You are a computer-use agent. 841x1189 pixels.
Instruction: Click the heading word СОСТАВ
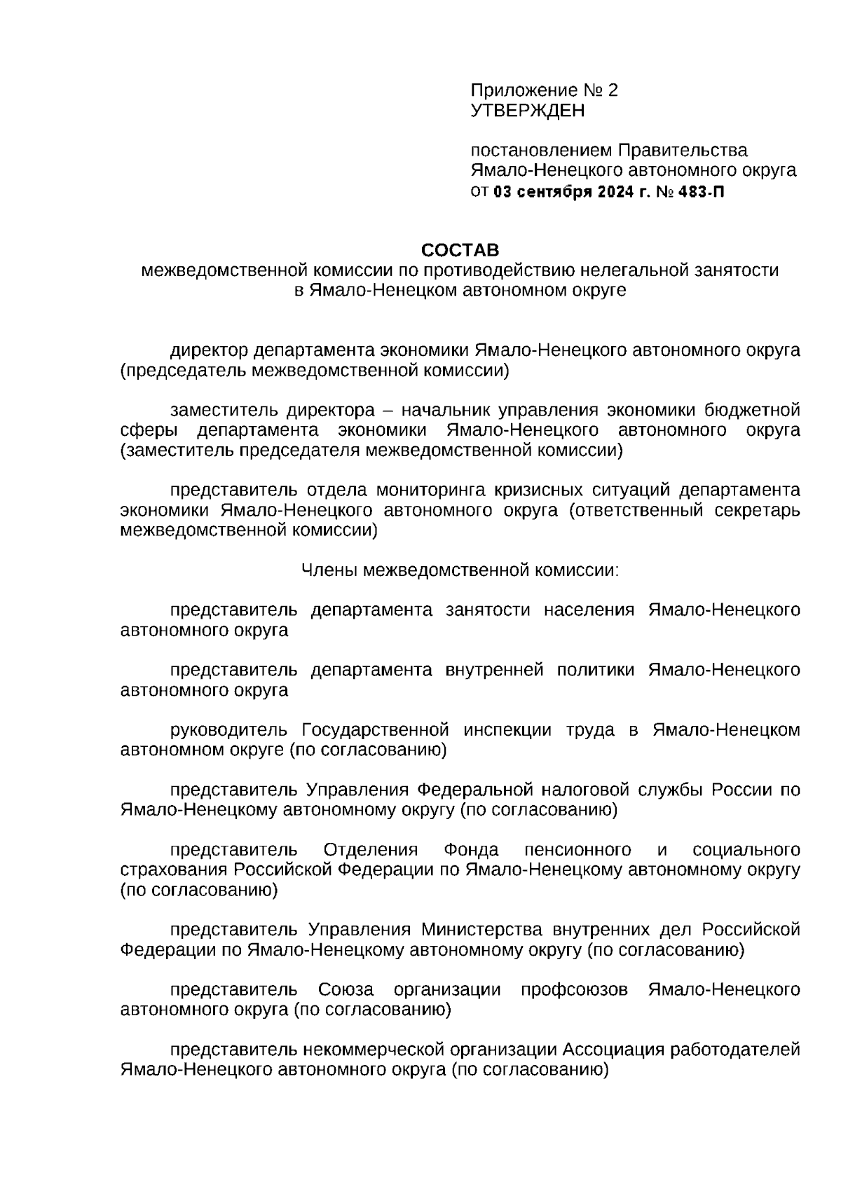click(x=460, y=250)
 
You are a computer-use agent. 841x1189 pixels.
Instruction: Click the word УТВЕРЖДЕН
click(x=527, y=111)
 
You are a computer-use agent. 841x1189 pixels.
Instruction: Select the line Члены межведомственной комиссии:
click(x=460, y=570)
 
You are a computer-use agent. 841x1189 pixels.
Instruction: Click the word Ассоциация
click(x=613, y=1050)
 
